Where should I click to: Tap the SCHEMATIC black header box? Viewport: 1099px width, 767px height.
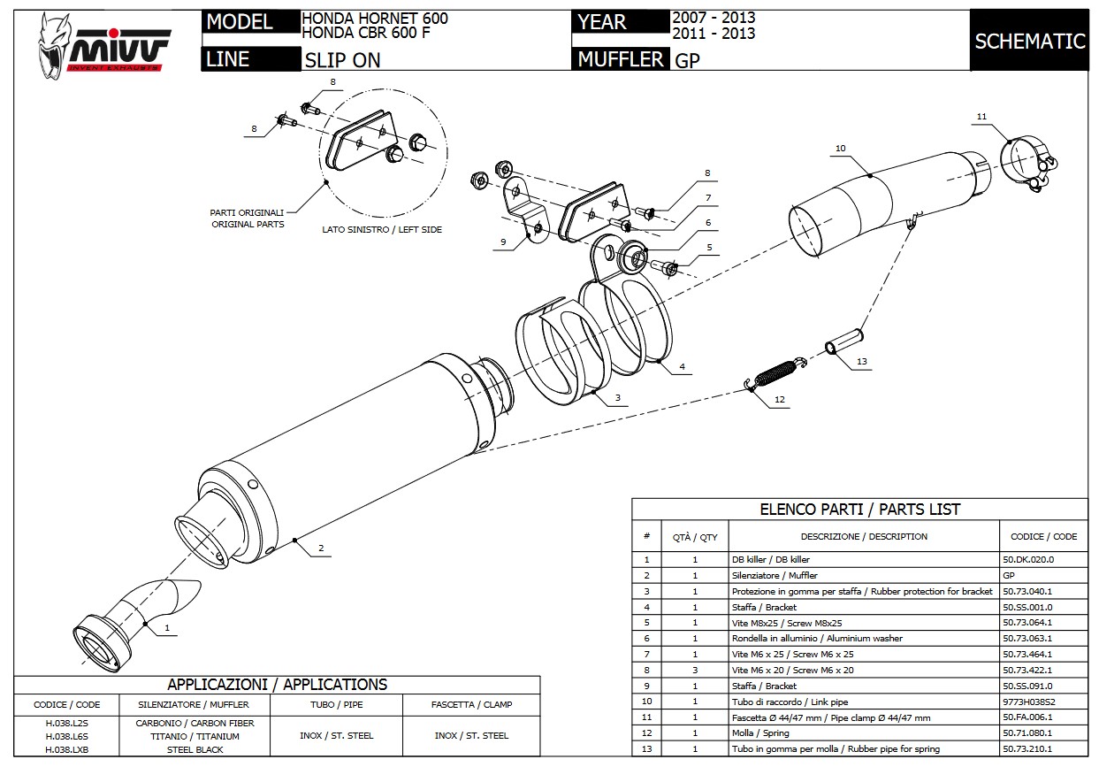pyautogui.click(x=1029, y=41)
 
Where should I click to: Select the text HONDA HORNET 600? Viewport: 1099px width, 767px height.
pyautogui.click(x=375, y=18)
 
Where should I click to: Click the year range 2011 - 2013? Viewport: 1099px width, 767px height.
pyautogui.click(x=714, y=34)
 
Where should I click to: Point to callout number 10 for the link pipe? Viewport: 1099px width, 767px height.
pyautogui.click(x=840, y=149)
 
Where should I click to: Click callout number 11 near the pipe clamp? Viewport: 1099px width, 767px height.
pyautogui.click(x=981, y=117)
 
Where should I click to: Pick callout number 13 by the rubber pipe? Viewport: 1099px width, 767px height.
pyautogui.click(x=862, y=362)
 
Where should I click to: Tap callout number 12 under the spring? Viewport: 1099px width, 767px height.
pyautogui.click(x=779, y=400)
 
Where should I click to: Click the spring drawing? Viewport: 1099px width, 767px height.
pyautogui.click(x=775, y=372)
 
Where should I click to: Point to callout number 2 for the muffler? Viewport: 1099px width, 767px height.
pyautogui.click(x=321, y=548)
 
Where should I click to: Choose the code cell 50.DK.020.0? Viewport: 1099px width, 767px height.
pyautogui.click(x=1027, y=559)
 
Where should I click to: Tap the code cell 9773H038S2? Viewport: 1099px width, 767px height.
pyautogui.click(x=1029, y=702)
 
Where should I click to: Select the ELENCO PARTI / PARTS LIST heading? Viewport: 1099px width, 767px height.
pyautogui.click(x=859, y=510)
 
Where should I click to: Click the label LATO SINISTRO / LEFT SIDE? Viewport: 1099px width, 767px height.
pyautogui.click(x=382, y=229)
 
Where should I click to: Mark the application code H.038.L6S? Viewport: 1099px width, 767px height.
pyautogui.click(x=67, y=736)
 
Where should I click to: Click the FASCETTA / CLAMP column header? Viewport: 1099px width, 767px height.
pyautogui.click(x=472, y=705)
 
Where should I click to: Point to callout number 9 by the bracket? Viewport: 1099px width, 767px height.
pyautogui.click(x=502, y=241)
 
